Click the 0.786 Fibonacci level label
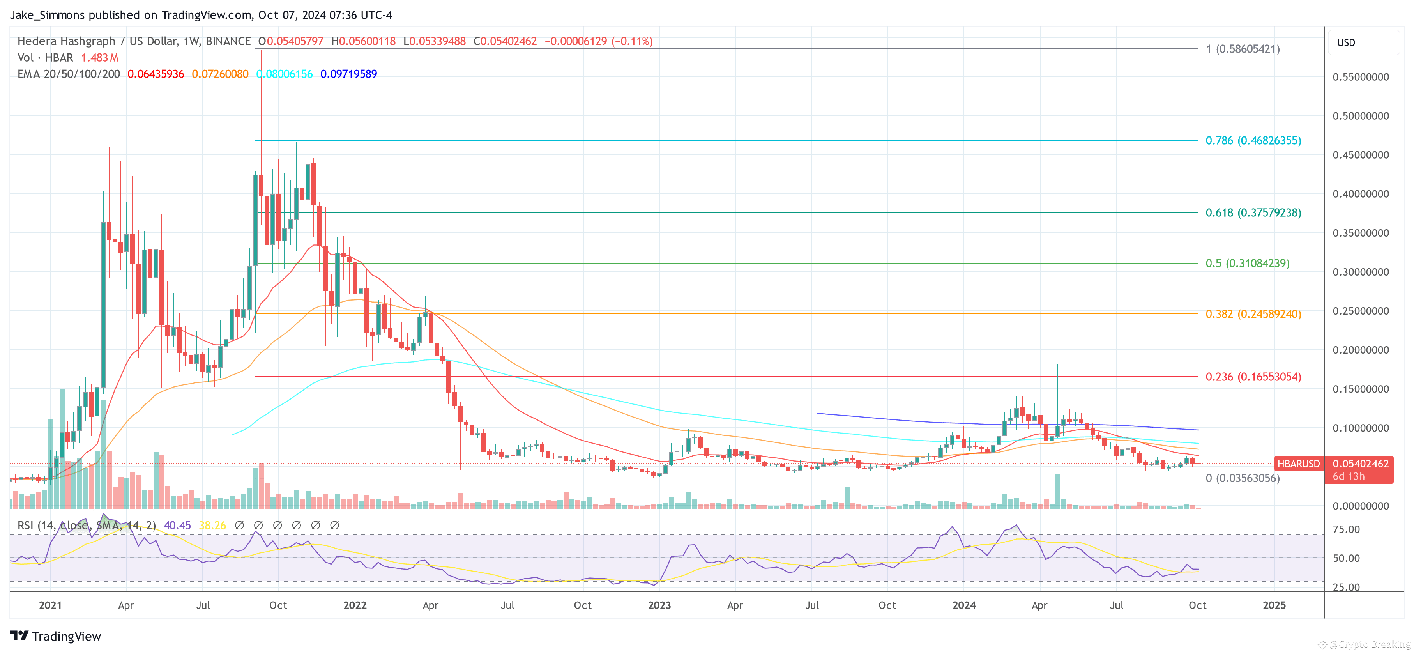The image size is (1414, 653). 1253,141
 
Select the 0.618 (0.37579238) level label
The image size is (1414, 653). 1253,212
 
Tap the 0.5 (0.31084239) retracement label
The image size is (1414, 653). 1247,263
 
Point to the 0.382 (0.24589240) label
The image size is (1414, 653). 1253,314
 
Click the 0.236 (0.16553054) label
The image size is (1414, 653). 1253,377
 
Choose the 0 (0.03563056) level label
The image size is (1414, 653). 1242,478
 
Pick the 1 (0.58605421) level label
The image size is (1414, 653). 1242,49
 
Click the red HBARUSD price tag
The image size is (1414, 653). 1298,464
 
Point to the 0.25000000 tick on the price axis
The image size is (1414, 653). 1360,311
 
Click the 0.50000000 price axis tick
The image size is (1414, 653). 1360,116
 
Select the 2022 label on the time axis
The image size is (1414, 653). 355,605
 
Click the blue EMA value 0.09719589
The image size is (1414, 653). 348,74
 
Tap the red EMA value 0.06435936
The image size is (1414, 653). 156,74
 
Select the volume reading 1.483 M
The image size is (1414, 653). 100,58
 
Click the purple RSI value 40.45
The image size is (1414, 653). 177,526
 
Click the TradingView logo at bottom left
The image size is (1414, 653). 55,636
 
